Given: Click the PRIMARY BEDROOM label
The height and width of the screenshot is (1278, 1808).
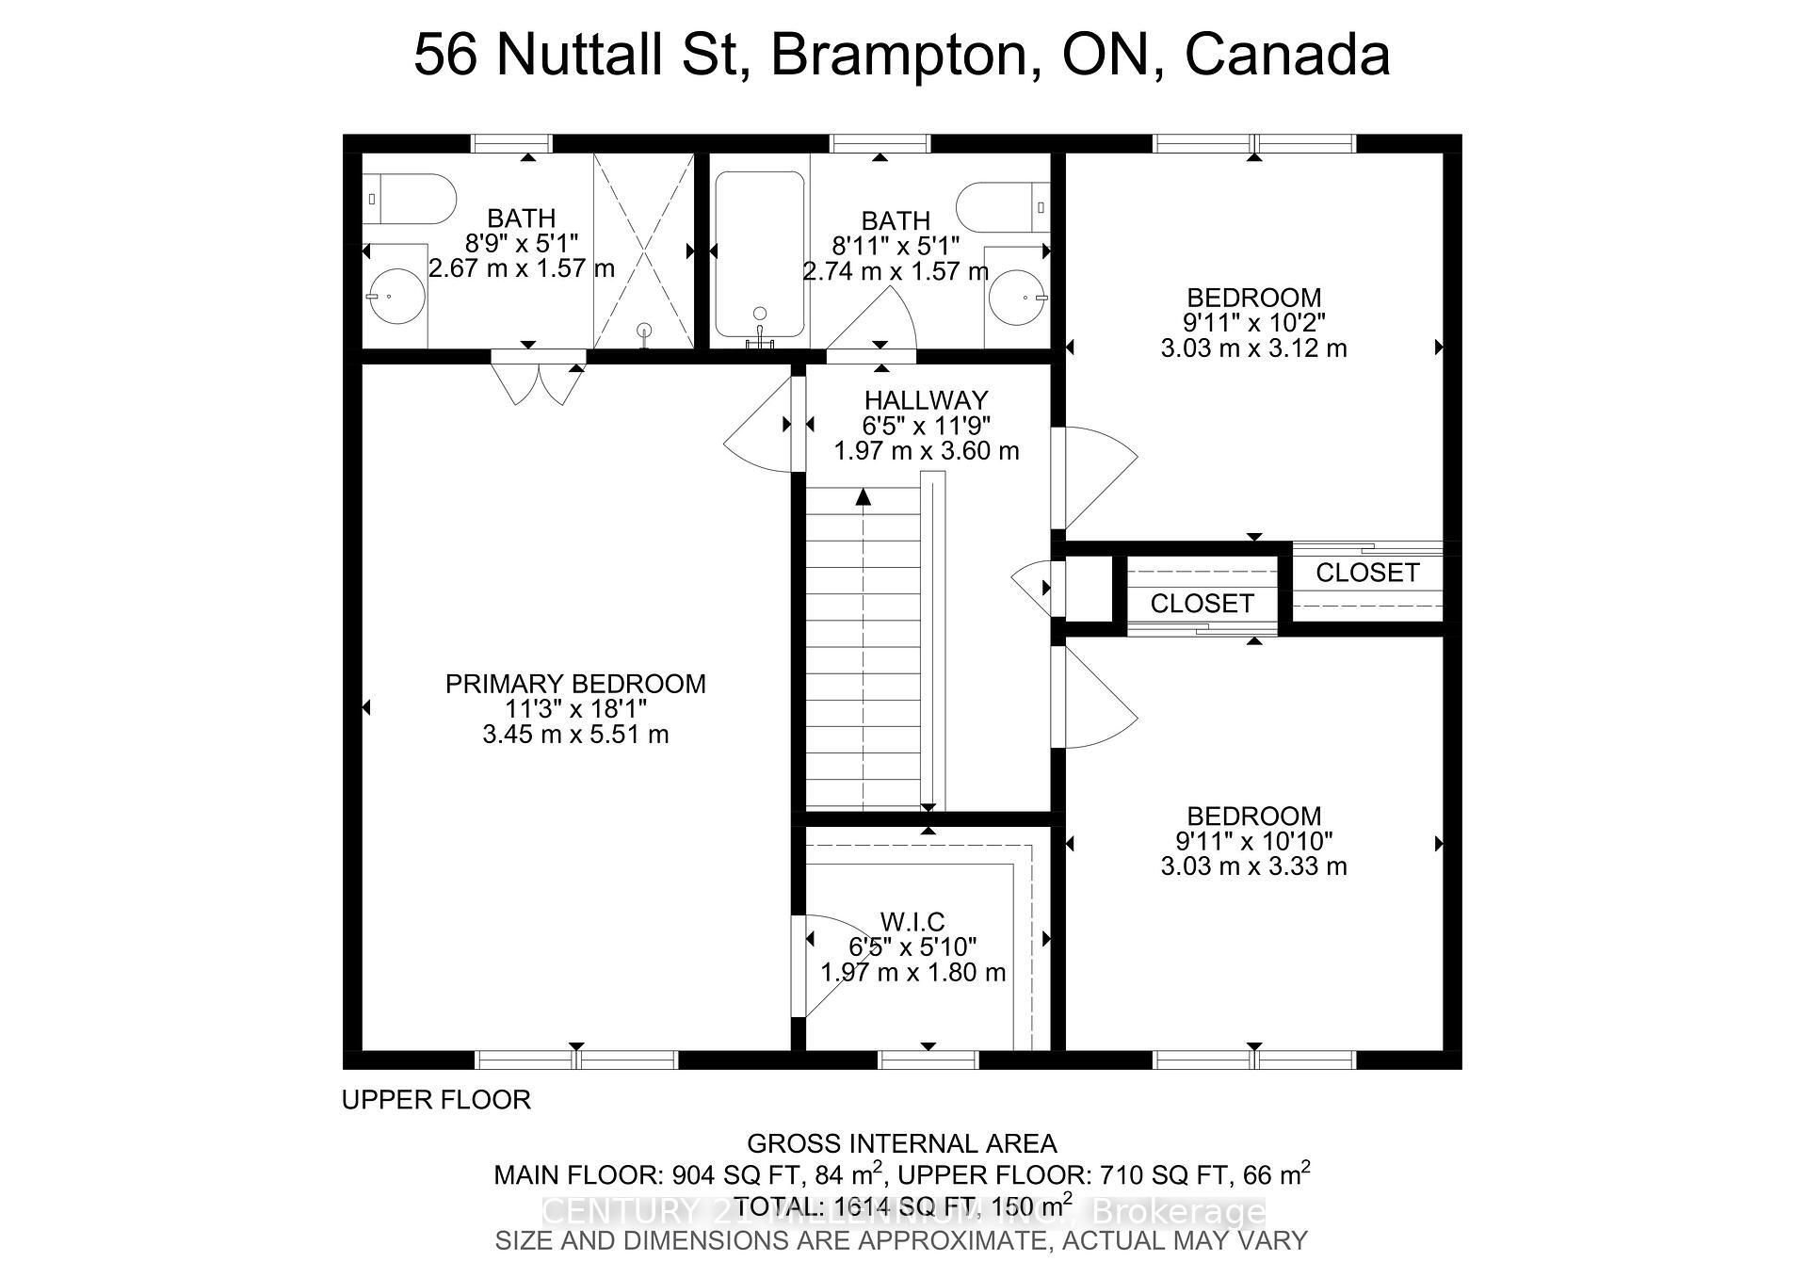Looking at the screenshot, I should click(575, 684).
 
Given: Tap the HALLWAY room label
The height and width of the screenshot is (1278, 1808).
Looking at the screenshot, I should click(926, 399).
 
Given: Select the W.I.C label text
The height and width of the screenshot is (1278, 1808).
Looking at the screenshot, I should click(912, 921).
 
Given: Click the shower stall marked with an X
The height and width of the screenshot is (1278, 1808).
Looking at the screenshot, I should click(643, 250).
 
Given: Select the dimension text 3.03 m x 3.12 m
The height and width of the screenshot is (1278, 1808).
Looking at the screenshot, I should click(1253, 348).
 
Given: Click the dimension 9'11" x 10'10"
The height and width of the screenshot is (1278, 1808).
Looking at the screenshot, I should click(1253, 841).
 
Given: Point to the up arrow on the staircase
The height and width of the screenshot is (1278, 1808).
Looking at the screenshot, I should click(863, 499).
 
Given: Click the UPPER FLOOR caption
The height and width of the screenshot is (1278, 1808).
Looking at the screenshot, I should click(436, 1099).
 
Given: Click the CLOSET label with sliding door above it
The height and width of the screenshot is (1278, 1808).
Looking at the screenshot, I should click(1366, 573).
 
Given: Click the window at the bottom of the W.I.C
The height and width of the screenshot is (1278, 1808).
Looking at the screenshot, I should click(928, 1060).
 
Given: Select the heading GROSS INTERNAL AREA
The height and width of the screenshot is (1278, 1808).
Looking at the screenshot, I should click(901, 1143).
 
